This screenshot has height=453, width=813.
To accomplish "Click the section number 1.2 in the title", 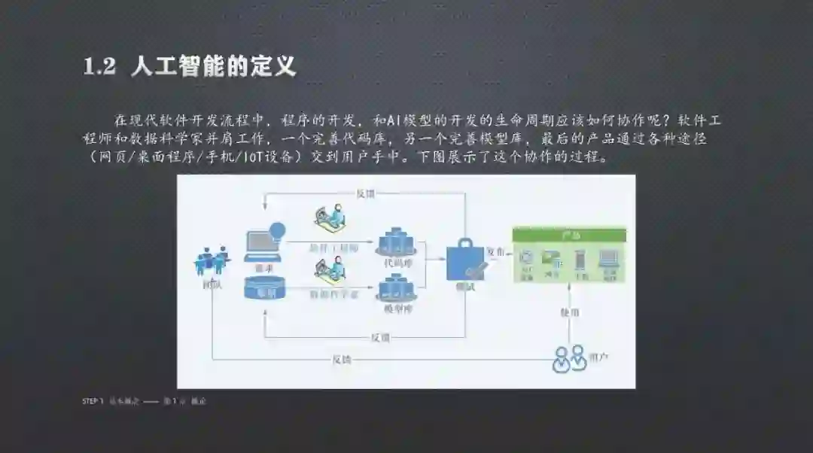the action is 99,67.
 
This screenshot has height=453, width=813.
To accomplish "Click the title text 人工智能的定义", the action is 213,66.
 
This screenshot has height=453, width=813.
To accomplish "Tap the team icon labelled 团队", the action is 212,262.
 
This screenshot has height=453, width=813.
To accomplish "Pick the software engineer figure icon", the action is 331,220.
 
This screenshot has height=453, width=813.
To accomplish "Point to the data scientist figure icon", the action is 331,268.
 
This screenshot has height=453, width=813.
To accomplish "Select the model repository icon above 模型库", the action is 397,289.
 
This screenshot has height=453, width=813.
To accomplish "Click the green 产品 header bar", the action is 569,235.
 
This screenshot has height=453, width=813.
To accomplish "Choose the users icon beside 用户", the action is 569,357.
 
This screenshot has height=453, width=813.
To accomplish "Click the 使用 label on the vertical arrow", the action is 570,312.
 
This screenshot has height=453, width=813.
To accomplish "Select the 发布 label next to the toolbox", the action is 495,251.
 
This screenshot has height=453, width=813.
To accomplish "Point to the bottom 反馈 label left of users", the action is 342,359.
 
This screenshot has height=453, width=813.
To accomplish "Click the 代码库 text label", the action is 396,263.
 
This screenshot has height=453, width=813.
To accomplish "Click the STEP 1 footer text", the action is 93,401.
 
